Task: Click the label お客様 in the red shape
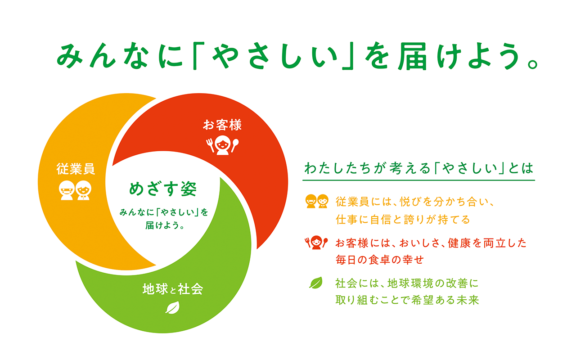222,125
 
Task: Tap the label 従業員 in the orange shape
76,169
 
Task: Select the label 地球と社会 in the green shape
173,289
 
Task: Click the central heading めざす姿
163,189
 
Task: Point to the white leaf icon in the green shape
172,307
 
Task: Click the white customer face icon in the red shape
223,145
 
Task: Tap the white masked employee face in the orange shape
67,190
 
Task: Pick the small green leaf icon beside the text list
316,283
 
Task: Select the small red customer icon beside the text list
316,243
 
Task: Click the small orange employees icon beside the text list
317,201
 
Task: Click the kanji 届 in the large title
413,56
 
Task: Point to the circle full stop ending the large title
533,63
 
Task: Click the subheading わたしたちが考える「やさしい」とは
418,168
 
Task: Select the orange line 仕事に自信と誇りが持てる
403,219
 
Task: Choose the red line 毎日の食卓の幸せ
379,260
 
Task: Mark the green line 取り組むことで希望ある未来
407,300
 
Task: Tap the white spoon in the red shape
235,145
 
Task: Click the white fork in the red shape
210,145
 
